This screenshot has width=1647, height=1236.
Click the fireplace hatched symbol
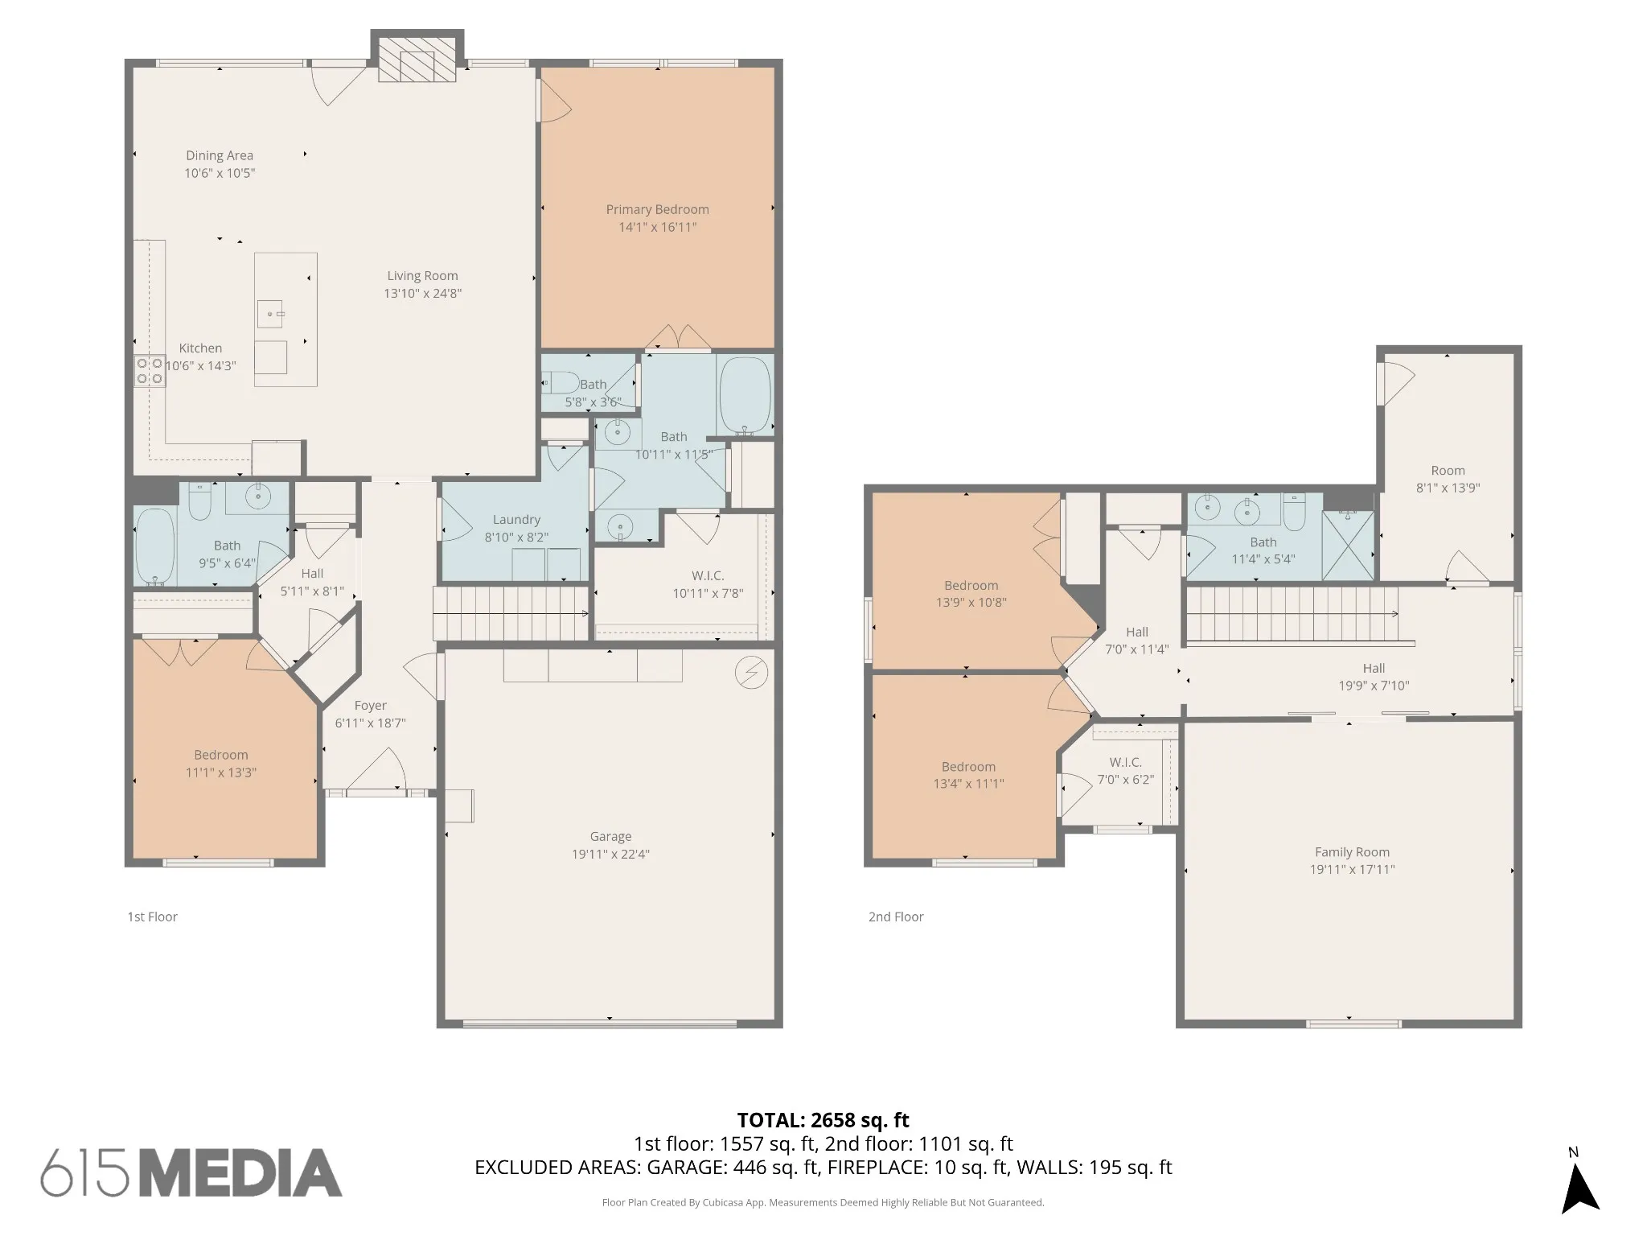417,60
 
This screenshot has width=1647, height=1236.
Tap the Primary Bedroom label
658,209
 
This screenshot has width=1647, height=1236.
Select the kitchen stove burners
150,371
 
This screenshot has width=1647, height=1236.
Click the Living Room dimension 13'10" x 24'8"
422,294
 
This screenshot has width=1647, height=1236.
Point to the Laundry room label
516,520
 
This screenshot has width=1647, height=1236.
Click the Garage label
610,836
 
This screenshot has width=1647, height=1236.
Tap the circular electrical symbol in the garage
751,673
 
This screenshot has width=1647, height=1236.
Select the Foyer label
370,706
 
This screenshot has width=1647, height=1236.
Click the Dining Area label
220,155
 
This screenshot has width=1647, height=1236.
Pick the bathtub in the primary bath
745,396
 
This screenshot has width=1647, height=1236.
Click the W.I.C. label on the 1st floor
708,575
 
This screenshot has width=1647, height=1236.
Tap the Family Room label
1352,851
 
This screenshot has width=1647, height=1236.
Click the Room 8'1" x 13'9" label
1448,479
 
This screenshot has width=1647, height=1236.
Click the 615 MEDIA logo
191,1172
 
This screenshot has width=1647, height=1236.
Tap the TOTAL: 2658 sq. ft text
823,1119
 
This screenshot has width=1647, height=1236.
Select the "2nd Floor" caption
896,917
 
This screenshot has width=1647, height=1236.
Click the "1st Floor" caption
152,917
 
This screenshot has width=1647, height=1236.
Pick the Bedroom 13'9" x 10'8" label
971,594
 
